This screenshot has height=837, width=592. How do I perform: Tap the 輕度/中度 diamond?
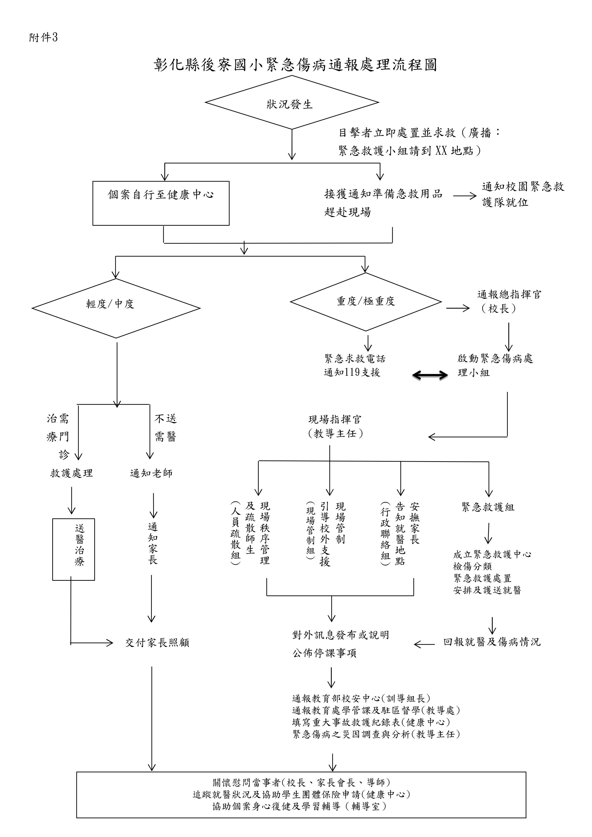pos(116,308)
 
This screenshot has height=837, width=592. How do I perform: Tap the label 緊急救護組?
pos(488,507)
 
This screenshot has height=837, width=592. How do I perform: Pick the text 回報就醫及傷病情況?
pos(492,642)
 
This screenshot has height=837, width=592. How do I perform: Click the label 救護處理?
pos(71,473)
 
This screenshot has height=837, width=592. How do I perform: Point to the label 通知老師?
pos(151,473)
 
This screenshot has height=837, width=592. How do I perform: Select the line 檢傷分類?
pos(472,566)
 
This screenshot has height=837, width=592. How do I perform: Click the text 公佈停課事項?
pos(324,653)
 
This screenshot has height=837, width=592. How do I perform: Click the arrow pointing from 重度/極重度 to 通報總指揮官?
pos(457,309)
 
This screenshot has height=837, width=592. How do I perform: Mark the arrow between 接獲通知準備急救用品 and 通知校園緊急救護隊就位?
pos(465,196)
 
